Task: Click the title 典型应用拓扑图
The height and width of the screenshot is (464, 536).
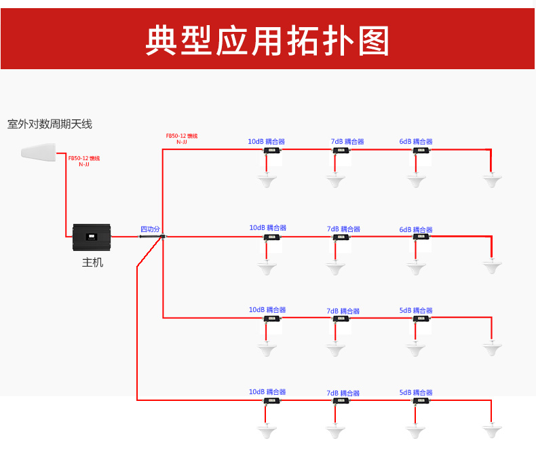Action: [x=267, y=41]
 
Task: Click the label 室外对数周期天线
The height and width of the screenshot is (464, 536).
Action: [x=50, y=124]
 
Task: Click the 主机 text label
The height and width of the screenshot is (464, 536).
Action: [x=92, y=263]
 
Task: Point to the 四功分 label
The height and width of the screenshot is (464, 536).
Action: [x=150, y=229]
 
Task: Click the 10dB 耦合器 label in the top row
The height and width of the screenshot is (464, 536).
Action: [x=266, y=142]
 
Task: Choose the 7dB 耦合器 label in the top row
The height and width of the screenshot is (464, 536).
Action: [x=347, y=142]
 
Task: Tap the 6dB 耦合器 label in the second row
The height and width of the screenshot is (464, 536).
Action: [x=416, y=230]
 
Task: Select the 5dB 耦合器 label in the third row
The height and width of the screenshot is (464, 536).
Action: [x=416, y=311]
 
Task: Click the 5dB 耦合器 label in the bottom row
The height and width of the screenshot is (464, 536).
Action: [x=416, y=393]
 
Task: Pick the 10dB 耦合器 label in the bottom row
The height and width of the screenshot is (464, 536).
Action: [x=267, y=392]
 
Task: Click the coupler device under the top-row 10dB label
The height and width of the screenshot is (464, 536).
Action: [x=273, y=151]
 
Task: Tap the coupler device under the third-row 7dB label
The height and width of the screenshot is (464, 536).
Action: [x=341, y=319]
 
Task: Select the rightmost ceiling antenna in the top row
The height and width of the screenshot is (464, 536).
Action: [x=493, y=180]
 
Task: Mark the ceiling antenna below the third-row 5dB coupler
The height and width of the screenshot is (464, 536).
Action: [x=417, y=349]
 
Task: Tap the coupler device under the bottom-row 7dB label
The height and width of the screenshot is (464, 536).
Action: [x=341, y=401]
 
